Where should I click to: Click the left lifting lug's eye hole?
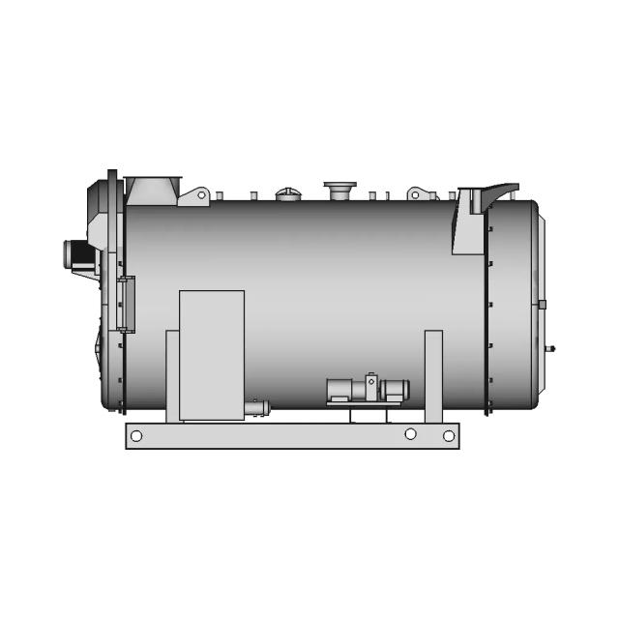tap(201, 195)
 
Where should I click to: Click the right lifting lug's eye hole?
tap(415, 194)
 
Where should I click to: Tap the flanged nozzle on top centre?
tap(339, 189)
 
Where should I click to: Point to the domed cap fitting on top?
tap(288, 193)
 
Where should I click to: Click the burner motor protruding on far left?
tap(77, 253)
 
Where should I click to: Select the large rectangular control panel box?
tap(211, 355)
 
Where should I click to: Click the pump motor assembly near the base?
tap(368, 390)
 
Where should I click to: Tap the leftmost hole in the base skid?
tap(136, 436)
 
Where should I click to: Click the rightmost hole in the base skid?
tap(449, 436)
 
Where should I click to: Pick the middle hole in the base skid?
tap(410, 434)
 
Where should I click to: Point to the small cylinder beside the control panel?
tap(256, 408)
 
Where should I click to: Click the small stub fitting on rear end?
tap(551, 347)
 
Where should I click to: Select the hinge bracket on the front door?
tap(126, 300)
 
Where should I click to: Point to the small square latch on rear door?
tap(542, 304)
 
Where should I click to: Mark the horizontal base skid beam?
tap(291, 436)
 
